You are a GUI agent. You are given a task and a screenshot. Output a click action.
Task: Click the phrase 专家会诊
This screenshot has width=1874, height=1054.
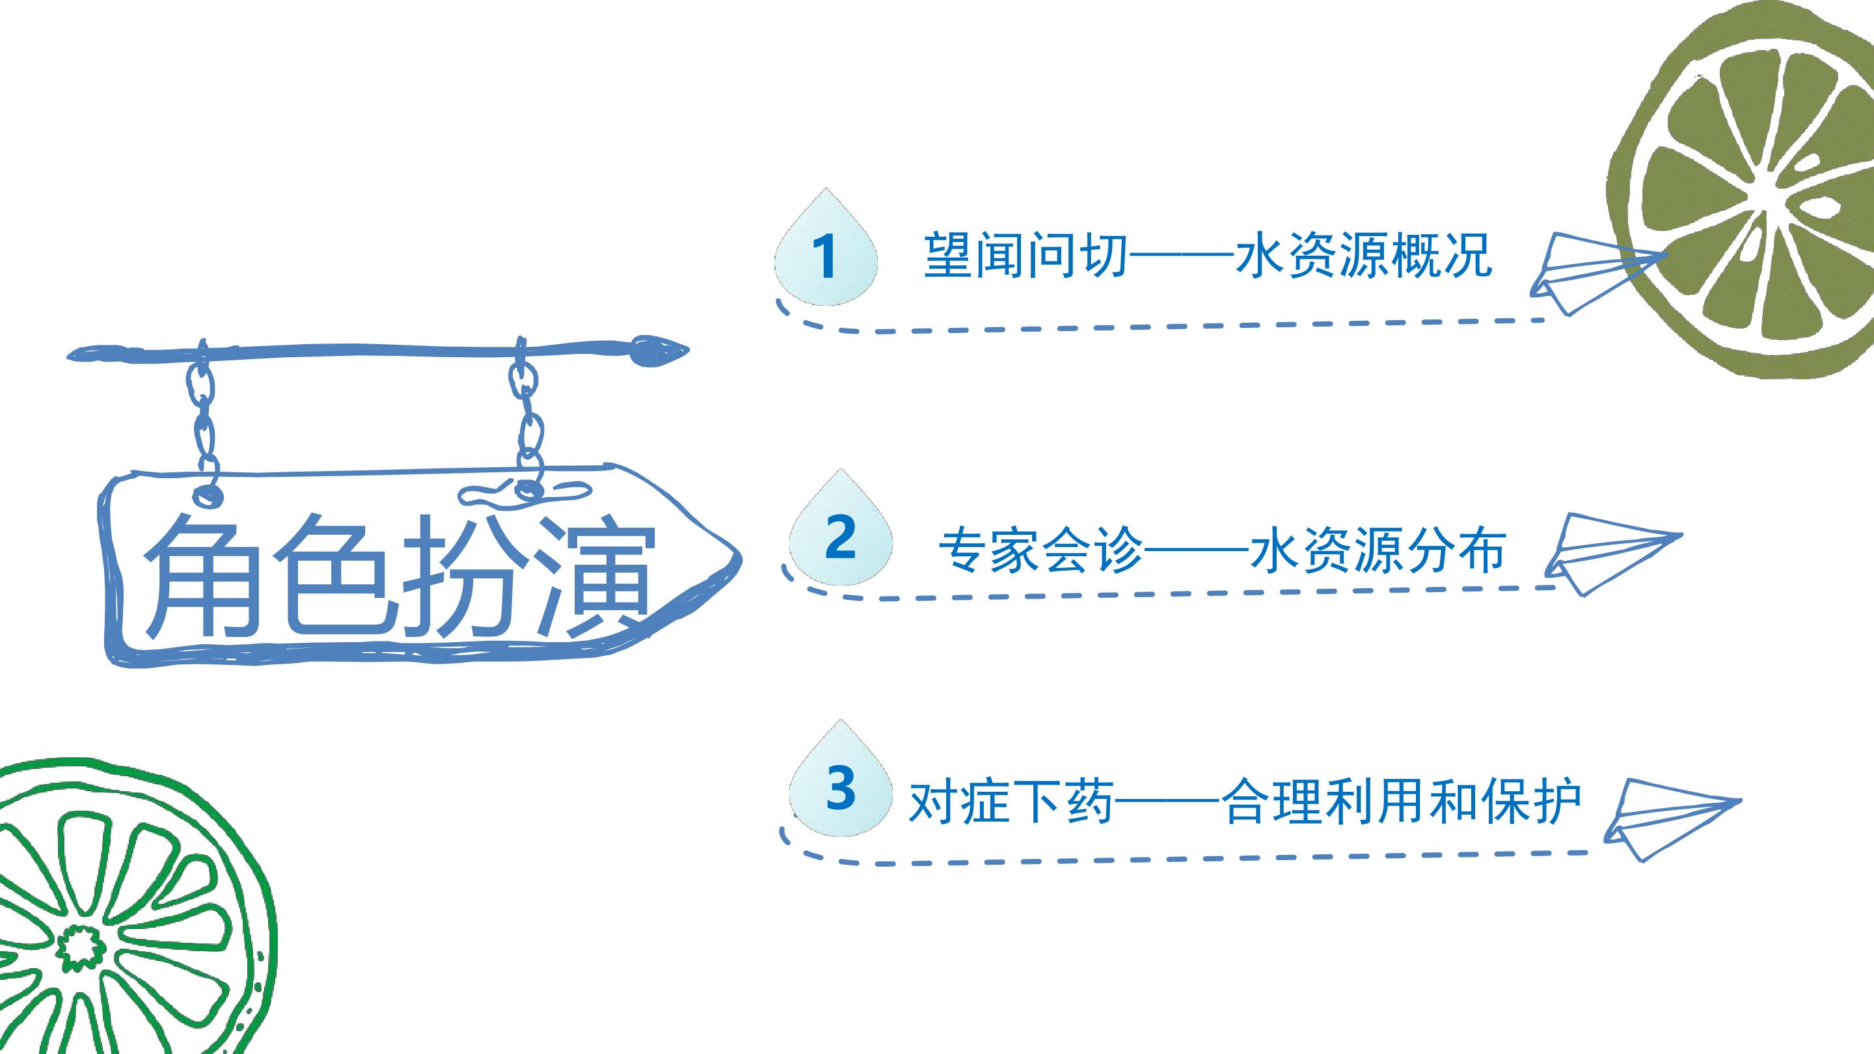pos(1041,550)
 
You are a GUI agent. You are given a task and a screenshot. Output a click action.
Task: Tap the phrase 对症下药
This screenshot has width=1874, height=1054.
pos(1011,802)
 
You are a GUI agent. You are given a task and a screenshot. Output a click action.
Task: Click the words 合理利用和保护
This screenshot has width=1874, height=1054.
pos(1402,802)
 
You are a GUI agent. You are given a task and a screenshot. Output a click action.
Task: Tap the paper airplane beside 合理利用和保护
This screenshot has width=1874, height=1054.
pos(1672,819)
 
